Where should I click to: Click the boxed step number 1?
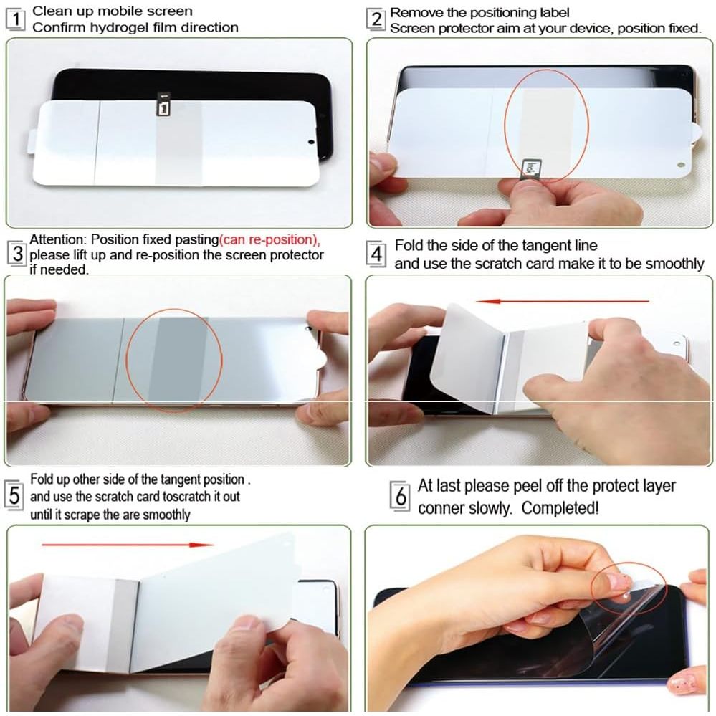(x=16, y=19)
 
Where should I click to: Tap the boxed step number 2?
(x=376, y=19)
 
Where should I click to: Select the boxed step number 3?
(x=17, y=254)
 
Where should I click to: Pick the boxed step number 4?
(x=376, y=254)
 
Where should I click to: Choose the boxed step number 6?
(x=401, y=496)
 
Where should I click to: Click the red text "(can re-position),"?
(x=269, y=240)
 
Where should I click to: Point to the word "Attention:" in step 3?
(x=58, y=240)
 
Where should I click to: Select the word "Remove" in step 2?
(x=412, y=13)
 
